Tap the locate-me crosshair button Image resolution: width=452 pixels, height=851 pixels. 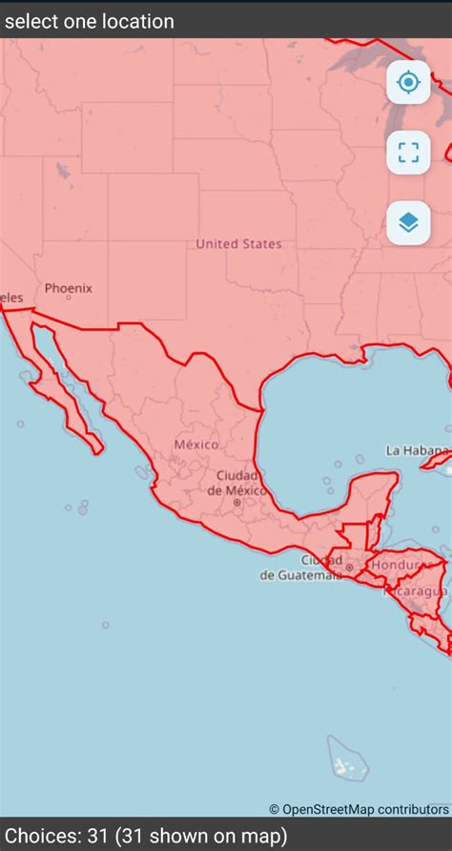[x=408, y=83]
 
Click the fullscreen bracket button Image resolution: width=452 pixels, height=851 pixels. [x=408, y=153]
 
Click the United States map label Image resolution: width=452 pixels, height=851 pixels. [x=238, y=244]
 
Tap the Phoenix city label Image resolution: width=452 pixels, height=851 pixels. [x=69, y=287]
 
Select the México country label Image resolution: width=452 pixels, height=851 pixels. [x=195, y=445]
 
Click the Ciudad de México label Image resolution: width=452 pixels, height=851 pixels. [x=236, y=483]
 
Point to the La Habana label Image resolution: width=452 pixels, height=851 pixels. [x=418, y=450]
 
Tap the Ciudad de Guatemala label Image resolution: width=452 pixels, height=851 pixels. [x=299, y=568]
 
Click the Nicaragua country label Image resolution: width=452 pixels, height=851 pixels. [x=416, y=592]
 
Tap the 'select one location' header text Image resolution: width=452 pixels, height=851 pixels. [x=90, y=21]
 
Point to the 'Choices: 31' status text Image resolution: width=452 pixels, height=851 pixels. [x=143, y=837]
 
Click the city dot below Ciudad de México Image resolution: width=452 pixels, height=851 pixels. [x=237, y=502]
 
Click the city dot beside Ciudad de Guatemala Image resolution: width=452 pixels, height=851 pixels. [x=350, y=568]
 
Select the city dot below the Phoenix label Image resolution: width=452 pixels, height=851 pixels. [x=69, y=299]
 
